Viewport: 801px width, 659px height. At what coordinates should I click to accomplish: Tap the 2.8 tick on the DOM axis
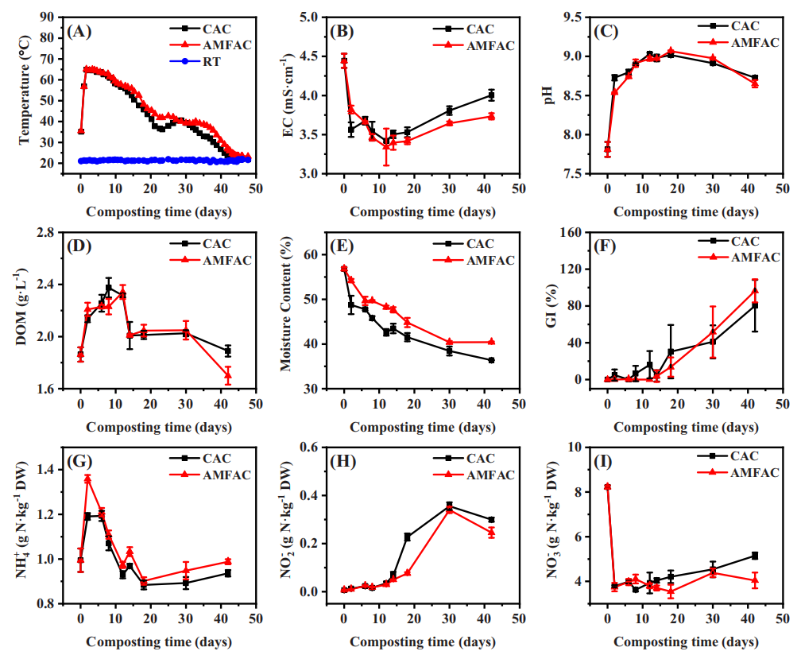pos(57,232)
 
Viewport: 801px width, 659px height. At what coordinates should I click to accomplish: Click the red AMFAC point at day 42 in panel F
pos(755,290)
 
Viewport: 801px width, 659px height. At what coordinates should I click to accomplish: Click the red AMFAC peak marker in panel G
pos(87,479)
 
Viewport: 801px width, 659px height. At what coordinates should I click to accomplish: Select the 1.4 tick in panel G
pos(57,470)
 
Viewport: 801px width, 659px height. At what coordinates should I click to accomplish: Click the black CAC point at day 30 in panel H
pos(449,506)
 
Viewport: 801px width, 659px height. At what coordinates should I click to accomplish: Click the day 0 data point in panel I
pos(607,486)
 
